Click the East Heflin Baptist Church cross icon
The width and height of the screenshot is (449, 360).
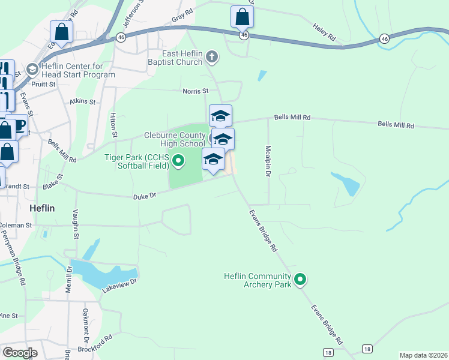pos(211,58)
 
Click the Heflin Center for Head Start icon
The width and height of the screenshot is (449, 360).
pos(32,70)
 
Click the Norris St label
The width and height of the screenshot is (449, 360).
pos(195,91)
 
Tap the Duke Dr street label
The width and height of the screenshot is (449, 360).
pos(144,196)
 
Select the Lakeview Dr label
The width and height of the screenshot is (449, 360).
pos(120,284)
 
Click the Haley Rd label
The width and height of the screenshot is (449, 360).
pos(324,32)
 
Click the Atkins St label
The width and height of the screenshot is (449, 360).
pos(83,102)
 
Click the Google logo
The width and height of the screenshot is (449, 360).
pos(20,353)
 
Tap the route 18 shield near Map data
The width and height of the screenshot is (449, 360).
pos(367,349)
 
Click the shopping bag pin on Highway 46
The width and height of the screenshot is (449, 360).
pos(242,17)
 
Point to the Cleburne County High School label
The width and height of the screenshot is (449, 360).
pos(174,140)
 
